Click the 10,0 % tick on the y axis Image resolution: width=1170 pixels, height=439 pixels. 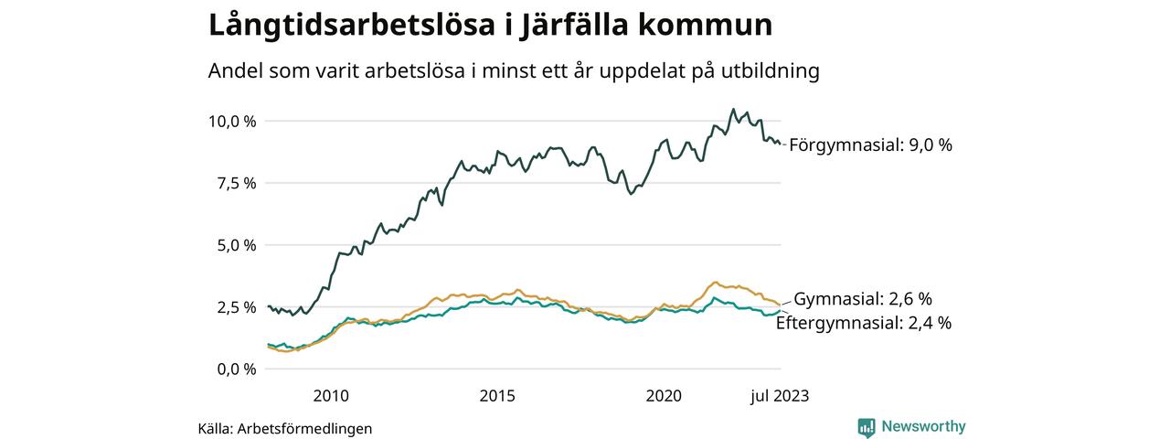point(232,121)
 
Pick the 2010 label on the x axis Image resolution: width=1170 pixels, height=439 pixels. point(331,396)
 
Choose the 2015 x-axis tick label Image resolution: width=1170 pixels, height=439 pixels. point(497,396)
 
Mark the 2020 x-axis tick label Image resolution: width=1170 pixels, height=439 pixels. point(664,396)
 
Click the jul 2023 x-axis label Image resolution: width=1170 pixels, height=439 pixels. point(780,396)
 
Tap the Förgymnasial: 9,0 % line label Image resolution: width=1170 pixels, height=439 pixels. point(870,145)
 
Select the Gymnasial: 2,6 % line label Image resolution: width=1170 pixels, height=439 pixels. point(862,299)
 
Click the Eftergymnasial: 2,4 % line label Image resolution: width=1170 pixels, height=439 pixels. point(864,322)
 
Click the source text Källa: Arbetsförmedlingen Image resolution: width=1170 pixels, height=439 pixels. point(285,428)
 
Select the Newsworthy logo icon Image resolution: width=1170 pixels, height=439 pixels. point(867,426)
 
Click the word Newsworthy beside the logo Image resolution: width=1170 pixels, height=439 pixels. point(923,426)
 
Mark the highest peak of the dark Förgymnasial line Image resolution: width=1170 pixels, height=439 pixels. point(733,109)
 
